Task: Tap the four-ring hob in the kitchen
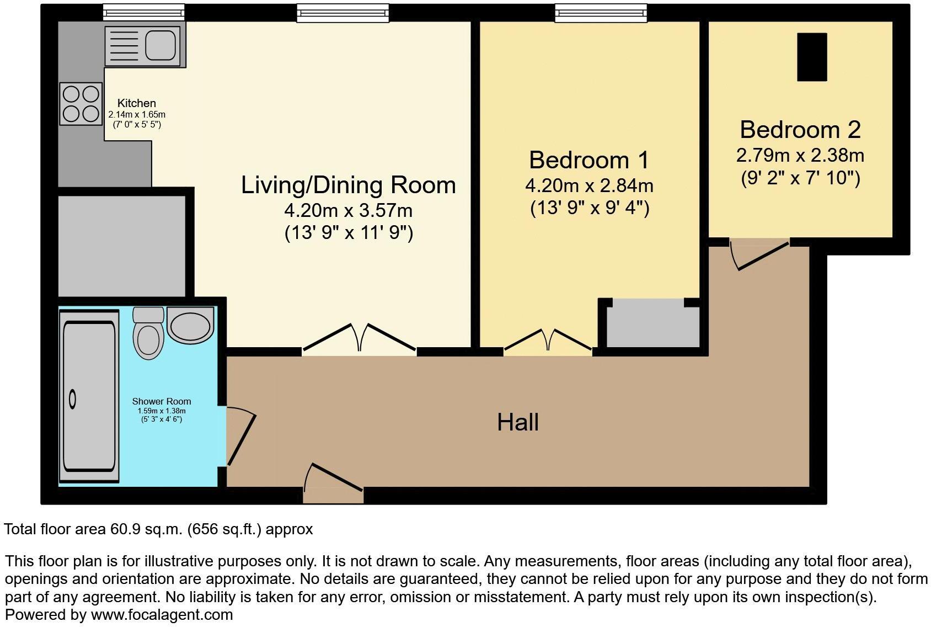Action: point(81,104)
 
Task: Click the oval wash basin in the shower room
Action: point(190,325)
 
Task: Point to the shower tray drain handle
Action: point(72,398)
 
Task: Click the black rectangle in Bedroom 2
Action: point(812,57)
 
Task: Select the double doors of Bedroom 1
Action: point(549,340)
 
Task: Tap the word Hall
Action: point(517,423)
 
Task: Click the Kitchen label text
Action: point(137,103)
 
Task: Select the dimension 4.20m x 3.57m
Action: point(349,210)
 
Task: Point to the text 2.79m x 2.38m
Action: point(800,155)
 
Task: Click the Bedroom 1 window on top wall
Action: point(600,13)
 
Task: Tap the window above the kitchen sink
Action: point(143,13)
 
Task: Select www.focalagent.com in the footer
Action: point(162,615)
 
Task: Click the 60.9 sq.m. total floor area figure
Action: point(146,529)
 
